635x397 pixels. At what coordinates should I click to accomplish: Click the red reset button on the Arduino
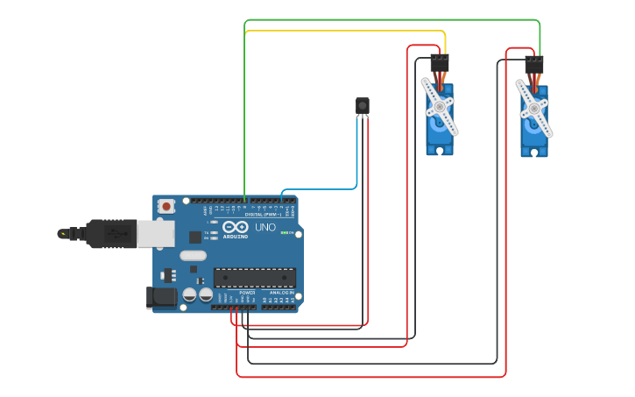click(x=166, y=206)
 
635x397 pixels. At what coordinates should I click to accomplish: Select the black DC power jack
click(x=162, y=297)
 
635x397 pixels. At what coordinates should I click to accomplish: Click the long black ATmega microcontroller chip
click(x=254, y=278)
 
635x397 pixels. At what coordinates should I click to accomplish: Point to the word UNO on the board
click(x=265, y=228)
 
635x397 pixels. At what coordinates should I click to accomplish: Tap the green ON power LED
click(x=285, y=232)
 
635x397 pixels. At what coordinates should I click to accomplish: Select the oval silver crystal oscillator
click(x=194, y=256)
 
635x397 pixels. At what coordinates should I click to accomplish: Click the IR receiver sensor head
click(x=363, y=106)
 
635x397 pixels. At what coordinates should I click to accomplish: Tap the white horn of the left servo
click(x=439, y=106)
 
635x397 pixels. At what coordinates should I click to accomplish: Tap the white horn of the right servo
click(x=533, y=108)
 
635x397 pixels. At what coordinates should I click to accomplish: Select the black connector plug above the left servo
click(x=439, y=63)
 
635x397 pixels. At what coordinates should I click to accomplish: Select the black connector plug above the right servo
click(x=533, y=65)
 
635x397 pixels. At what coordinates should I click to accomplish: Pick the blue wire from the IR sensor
click(x=356, y=158)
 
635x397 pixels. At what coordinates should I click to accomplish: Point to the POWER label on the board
click(x=247, y=293)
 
